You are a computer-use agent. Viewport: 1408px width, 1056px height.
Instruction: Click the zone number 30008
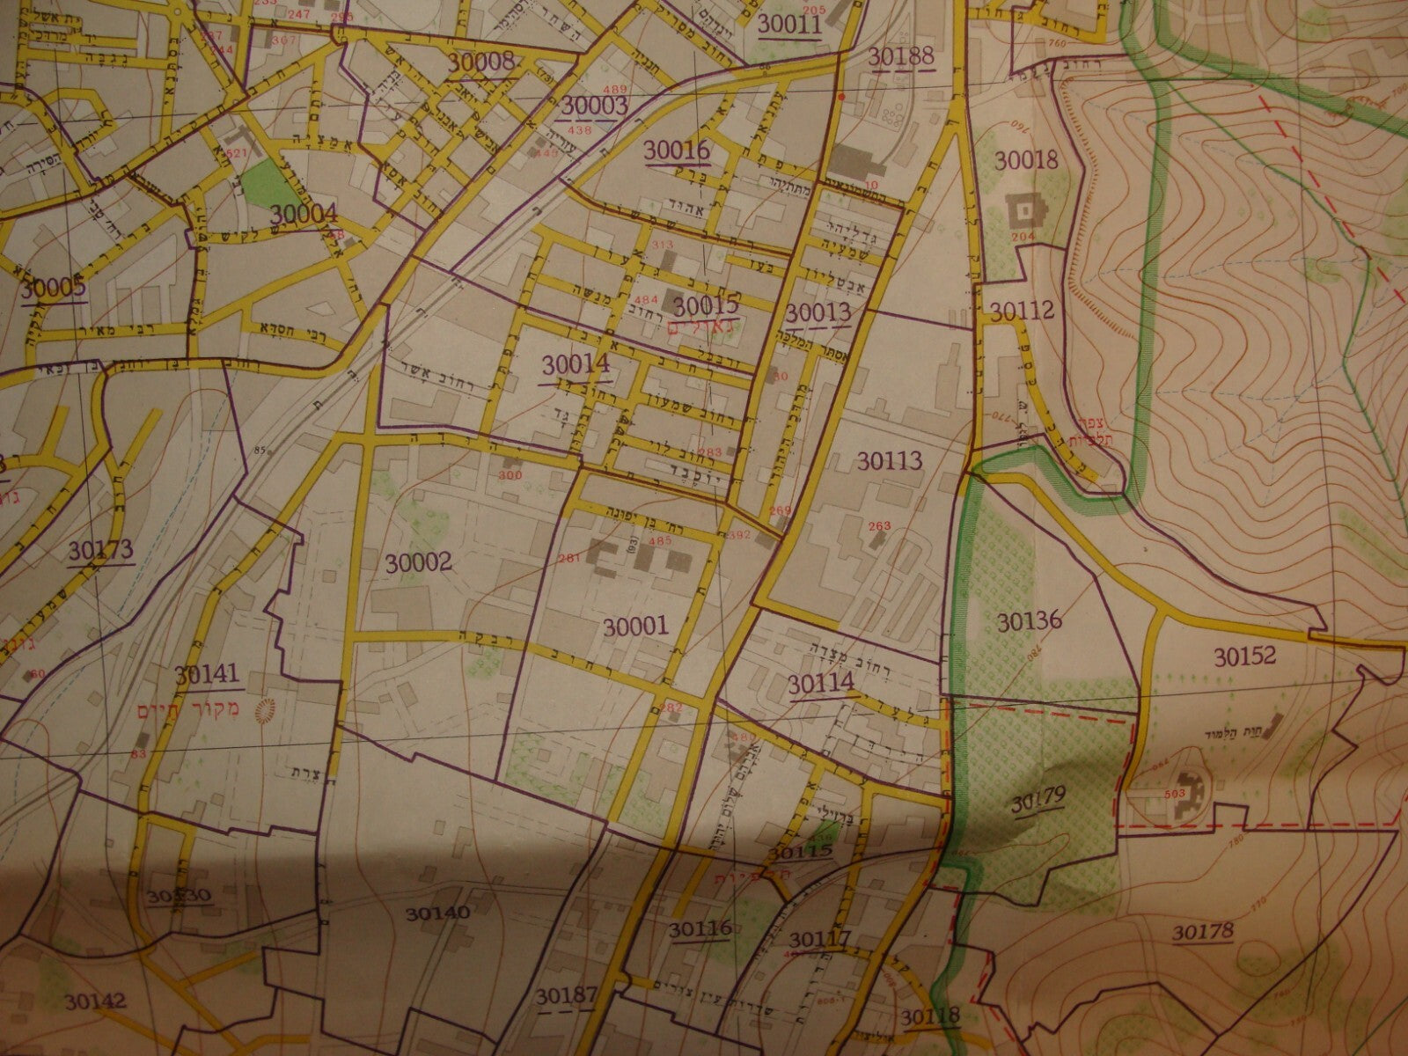[x=480, y=62]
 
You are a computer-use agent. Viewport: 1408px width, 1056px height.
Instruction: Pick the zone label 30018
[x=1026, y=159]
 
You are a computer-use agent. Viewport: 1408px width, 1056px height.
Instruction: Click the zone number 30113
[x=887, y=460]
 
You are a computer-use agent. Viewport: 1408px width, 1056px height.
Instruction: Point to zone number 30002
[x=419, y=561]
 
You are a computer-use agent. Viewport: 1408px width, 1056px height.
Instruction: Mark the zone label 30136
[x=1030, y=620]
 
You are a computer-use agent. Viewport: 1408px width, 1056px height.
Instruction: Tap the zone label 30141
[x=207, y=675]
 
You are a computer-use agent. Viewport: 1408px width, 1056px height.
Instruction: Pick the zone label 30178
[x=1203, y=931]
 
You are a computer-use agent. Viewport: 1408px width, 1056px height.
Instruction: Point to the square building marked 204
[x=1024, y=210]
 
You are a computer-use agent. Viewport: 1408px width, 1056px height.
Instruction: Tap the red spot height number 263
[x=880, y=526]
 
